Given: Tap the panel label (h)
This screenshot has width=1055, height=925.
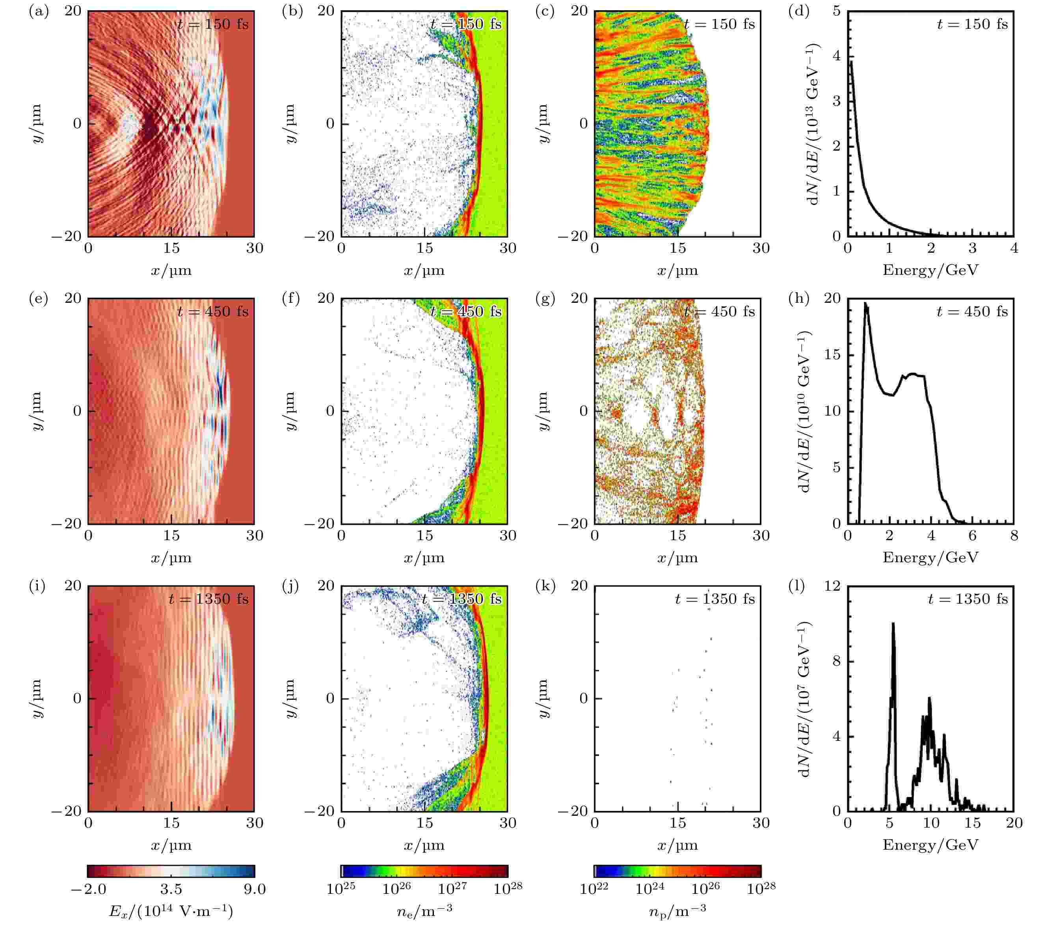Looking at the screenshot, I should point(798,299).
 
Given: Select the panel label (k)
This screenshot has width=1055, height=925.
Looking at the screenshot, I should point(545,586).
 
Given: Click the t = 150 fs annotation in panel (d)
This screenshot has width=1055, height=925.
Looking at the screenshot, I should point(972,24).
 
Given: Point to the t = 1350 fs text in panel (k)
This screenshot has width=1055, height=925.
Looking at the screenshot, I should point(714,599).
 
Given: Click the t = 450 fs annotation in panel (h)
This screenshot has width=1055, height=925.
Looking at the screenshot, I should point(972,312).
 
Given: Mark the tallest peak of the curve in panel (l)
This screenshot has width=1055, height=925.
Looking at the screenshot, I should point(893,623).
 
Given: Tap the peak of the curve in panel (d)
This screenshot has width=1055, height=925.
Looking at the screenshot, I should point(851,61).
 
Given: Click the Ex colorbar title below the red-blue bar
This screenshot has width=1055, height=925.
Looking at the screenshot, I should point(171,911).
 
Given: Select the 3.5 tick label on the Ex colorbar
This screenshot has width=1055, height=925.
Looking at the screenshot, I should point(171,889).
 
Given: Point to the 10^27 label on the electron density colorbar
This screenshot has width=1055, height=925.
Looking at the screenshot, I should point(452,888).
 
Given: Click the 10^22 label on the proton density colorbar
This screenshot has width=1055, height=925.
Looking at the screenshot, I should point(594,888).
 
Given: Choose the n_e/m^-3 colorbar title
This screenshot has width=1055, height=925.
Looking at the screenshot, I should point(424,911).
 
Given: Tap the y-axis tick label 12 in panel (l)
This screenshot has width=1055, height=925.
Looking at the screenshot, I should point(832,586).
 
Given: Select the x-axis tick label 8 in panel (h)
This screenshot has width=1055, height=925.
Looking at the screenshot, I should point(1014,535).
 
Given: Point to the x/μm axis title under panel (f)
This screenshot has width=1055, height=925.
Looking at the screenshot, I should point(424,558).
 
